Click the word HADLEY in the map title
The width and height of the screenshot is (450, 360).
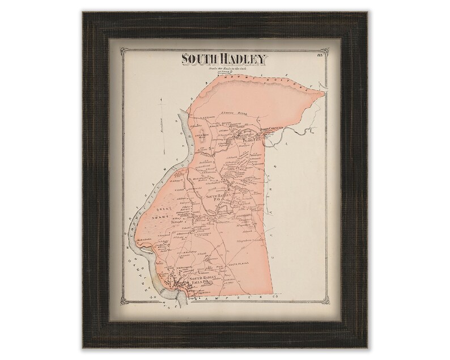[x=238, y=59]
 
